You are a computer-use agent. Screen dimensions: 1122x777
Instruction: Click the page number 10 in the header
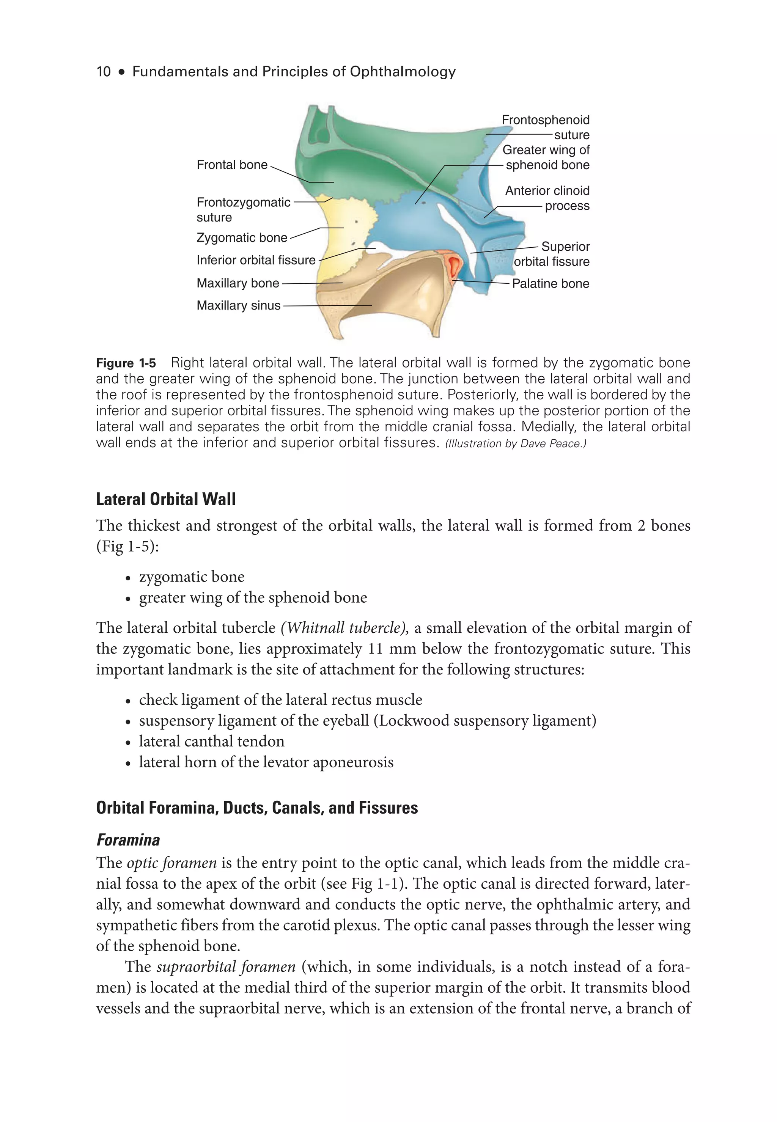pos(104,72)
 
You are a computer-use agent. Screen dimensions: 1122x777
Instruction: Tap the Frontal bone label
pos(232,165)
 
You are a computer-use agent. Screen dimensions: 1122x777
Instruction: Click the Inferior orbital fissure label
pos(256,261)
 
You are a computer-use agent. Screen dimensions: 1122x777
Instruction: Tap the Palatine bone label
pos(550,284)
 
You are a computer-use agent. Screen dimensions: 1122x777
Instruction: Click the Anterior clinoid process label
pos(547,198)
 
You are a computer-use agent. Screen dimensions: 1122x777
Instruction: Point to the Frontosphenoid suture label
pos(545,127)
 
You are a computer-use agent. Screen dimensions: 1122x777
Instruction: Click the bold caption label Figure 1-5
pos(126,363)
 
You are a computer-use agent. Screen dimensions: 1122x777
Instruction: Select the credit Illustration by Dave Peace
pos(516,444)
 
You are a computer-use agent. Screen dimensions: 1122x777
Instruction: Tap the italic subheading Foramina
pos(128,840)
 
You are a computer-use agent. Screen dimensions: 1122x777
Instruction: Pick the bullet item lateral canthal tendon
pos(211,741)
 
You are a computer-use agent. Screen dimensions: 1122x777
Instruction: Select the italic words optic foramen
pos(171,863)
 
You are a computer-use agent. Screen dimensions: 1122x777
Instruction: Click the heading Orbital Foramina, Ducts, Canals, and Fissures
pos(256,808)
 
